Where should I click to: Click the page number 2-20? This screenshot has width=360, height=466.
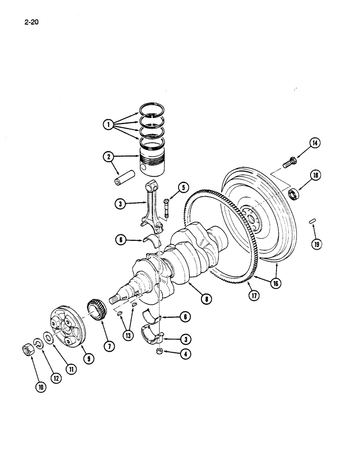(x=29, y=21)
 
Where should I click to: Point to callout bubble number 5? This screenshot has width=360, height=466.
(x=182, y=188)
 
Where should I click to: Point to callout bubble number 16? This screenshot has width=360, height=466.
(x=277, y=282)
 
